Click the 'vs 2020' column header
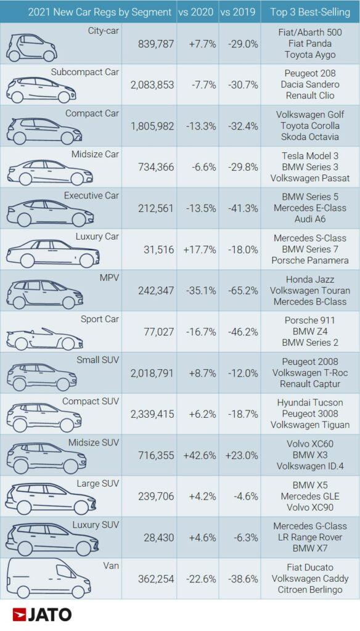(x=197, y=12)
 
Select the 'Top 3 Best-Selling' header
(x=309, y=12)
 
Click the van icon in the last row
(x=49, y=579)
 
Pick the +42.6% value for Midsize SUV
(x=197, y=455)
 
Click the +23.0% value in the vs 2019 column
(x=239, y=455)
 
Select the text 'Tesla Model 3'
(x=309, y=156)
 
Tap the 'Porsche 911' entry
(x=309, y=320)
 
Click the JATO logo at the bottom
(x=42, y=614)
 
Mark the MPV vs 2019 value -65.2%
(x=239, y=290)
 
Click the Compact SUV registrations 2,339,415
(x=152, y=413)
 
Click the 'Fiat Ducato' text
(x=309, y=567)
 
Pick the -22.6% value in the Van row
(x=197, y=579)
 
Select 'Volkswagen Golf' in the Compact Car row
(x=309, y=115)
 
